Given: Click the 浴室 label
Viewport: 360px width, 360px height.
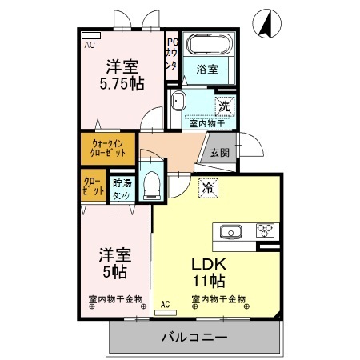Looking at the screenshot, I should point(207,70).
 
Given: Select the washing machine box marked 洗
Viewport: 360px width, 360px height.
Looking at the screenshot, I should point(225,105).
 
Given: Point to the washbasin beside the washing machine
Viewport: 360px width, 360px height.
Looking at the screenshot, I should point(178,102).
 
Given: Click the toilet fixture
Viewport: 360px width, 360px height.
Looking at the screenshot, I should point(150,185).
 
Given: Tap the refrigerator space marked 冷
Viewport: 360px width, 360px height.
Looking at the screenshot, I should point(207,188).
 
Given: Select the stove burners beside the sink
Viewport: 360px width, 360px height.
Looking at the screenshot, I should point(265,231).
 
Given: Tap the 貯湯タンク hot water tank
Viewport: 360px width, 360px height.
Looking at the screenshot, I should point(122,189).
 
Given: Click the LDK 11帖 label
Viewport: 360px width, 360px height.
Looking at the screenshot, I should point(209,272).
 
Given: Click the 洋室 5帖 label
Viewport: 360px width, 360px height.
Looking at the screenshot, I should point(115,263).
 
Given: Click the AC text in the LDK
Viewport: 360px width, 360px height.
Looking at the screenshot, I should point(165,304).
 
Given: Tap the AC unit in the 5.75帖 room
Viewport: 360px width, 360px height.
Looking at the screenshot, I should point(90,36).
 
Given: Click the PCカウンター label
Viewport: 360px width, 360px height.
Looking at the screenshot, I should point(171,56).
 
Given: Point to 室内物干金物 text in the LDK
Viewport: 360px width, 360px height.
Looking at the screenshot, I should point(218,300).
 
